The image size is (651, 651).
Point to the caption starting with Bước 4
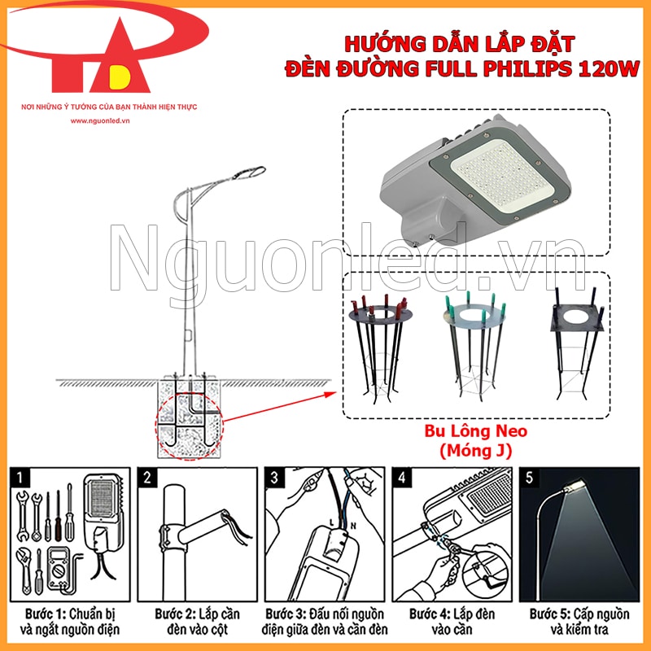(x=452, y=621)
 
